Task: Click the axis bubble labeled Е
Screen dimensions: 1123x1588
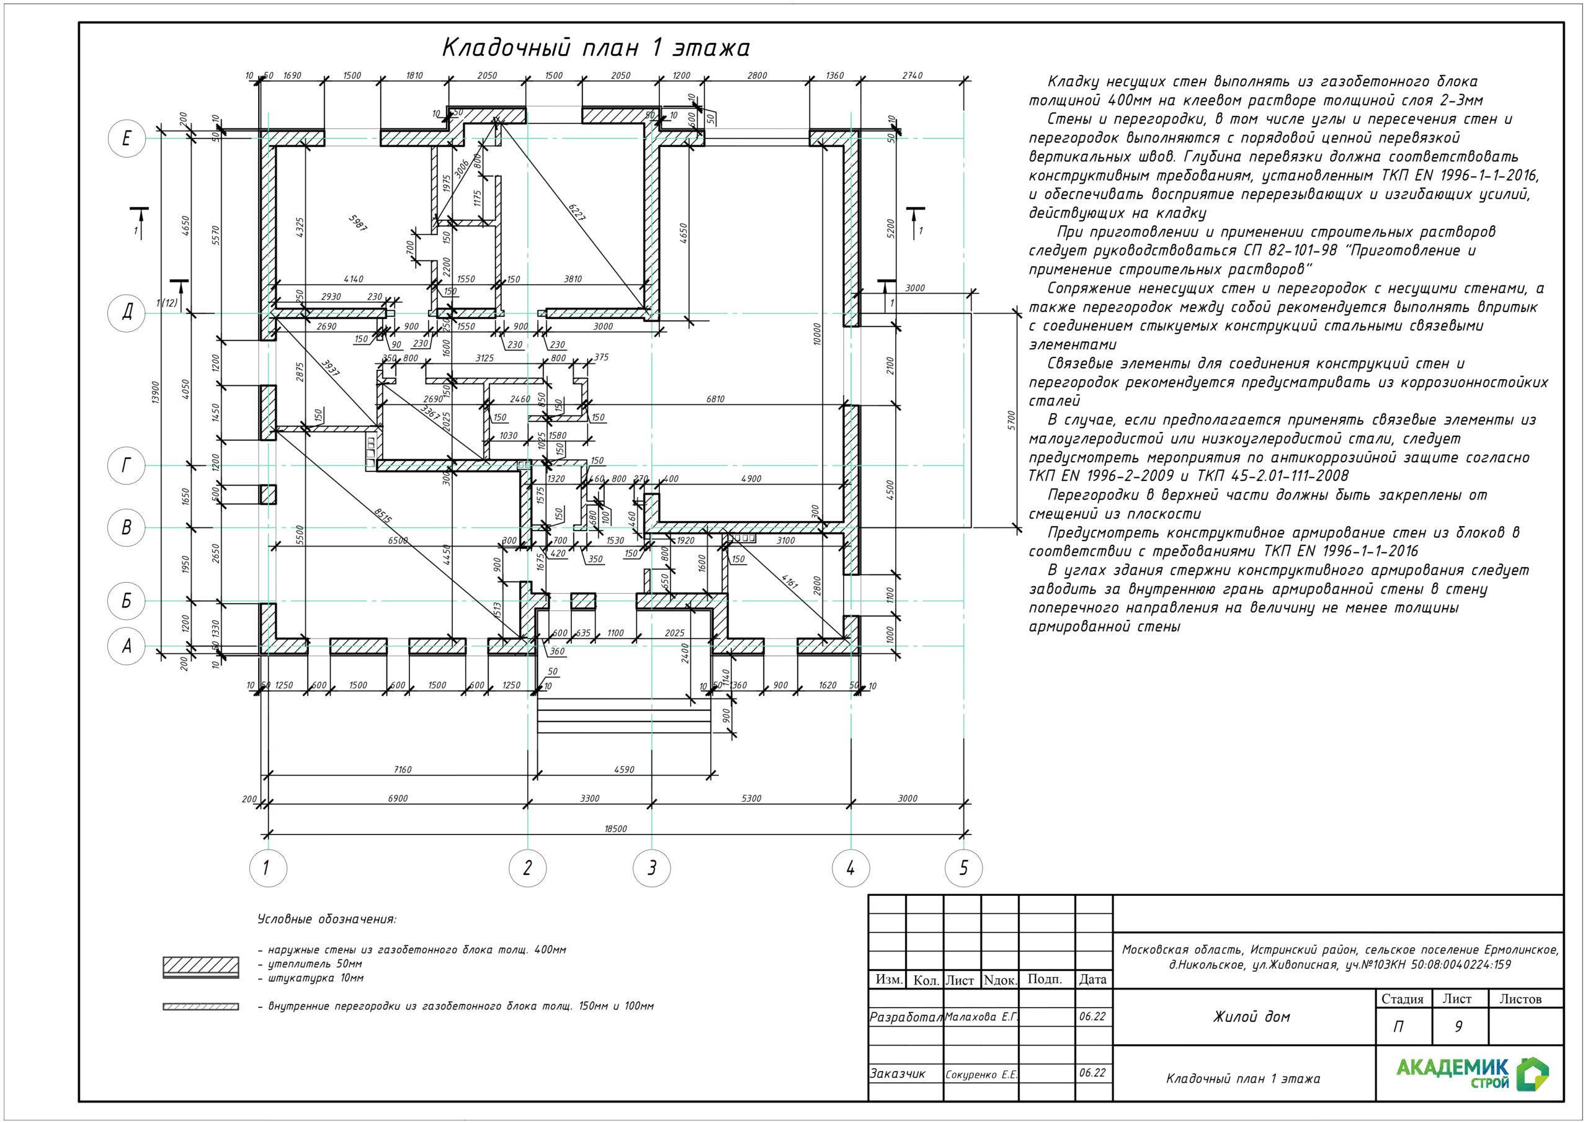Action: coord(127,138)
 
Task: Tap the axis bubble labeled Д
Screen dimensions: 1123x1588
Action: coord(127,313)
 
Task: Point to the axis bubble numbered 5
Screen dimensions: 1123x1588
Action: coord(963,867)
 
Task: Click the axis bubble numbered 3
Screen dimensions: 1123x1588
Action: coord(651,867)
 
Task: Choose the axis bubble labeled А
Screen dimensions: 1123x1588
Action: coord(127,647)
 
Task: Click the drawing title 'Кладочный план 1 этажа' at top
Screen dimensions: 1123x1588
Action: coord(595,48)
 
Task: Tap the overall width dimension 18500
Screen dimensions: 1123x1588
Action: coord(615,828)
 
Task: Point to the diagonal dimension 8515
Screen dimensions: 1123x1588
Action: coord(383,516)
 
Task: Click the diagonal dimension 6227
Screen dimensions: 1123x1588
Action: coord(577,212)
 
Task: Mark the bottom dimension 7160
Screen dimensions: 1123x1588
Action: coord(402,769)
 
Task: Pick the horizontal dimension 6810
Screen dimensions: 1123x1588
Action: coord(715,399)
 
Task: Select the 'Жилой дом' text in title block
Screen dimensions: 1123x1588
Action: coord(1251,1016)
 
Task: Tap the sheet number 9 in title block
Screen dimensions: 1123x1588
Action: coord(1458,1026)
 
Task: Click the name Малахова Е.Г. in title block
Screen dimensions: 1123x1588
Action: coord(981,1016)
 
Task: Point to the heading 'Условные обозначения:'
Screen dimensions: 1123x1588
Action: coord(326,919)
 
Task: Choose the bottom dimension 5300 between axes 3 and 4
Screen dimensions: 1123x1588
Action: coord(751,799)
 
